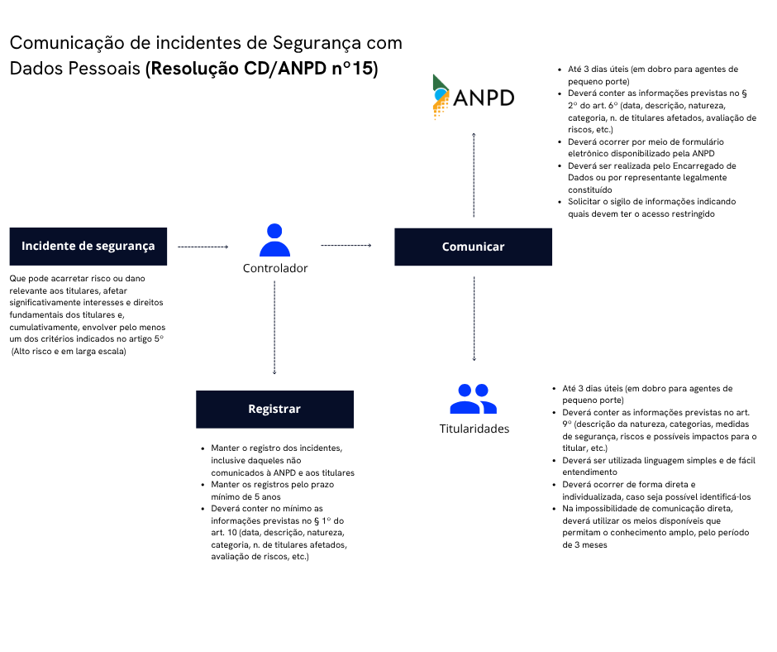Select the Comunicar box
(473, 247)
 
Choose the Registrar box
(274, 410)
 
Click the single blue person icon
(274, 241)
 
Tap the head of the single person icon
(274, 231)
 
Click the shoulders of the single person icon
(274, 250)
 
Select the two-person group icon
(473, 399)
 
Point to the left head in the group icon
(465, 391)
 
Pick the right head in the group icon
(482, 391)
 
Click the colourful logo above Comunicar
(441, 97)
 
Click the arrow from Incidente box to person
(203, 247)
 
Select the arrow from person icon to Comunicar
(346, 245)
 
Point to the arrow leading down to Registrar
(274, 327)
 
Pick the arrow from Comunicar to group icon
(474, 319)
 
